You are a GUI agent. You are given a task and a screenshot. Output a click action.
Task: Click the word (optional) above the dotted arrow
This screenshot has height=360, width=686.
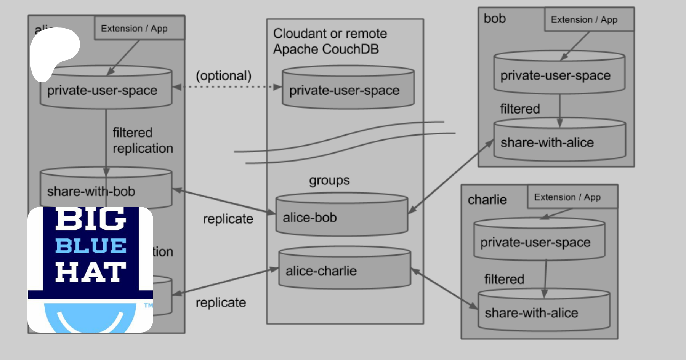click(224, 75)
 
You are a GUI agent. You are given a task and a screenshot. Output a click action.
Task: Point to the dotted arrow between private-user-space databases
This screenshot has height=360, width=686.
click(227, 87)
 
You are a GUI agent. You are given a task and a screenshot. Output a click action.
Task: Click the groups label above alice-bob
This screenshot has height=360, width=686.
click(329, 180)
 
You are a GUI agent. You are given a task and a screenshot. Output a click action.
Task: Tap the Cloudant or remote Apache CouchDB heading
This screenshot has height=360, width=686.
click(330, 41)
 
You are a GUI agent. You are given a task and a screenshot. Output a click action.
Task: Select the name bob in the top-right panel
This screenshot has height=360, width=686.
click(495, 18)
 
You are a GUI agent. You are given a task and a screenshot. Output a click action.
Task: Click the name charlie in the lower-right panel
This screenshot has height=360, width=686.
click(487, 200)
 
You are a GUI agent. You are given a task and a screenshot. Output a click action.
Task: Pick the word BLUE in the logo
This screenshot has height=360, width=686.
click(91, 246)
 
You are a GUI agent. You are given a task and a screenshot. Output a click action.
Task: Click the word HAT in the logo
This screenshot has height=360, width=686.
click(91, 272)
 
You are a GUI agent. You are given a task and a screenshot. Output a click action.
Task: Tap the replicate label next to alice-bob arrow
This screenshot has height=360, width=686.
click(228, 219)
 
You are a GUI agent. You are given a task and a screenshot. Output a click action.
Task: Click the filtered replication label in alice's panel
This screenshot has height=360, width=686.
click(143, 140)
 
